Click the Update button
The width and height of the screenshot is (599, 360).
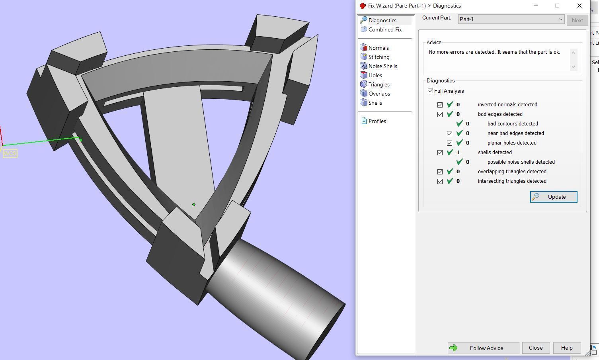tap(553, 197)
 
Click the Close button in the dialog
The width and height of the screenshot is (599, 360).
tap(535, 348)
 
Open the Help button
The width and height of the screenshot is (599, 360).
tap(566, 348)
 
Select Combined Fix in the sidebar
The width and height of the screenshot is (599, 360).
tap(384, 29)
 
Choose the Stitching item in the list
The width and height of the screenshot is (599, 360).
tap(379, 57)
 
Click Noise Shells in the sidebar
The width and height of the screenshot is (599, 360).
tap(382, 66)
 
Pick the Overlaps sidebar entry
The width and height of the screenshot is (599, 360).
tap(379, 94)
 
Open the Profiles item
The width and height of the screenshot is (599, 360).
tap(377, 121)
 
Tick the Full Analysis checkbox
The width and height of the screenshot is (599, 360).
tap(430, 91)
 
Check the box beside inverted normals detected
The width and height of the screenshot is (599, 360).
tap(440, 105)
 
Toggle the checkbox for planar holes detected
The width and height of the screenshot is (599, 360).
tap(449, 143)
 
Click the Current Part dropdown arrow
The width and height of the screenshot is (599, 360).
tap(560, 19)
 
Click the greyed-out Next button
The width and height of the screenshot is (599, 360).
tap(577, 20)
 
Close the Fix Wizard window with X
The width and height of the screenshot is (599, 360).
tap(579, 6)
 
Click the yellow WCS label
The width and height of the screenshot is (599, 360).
tap(10, 153)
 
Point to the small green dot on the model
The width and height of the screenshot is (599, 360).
tap(194, 205)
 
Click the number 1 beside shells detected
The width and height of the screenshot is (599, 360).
tap(458, 153)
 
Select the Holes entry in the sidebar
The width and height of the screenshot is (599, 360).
tap(375, 75)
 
